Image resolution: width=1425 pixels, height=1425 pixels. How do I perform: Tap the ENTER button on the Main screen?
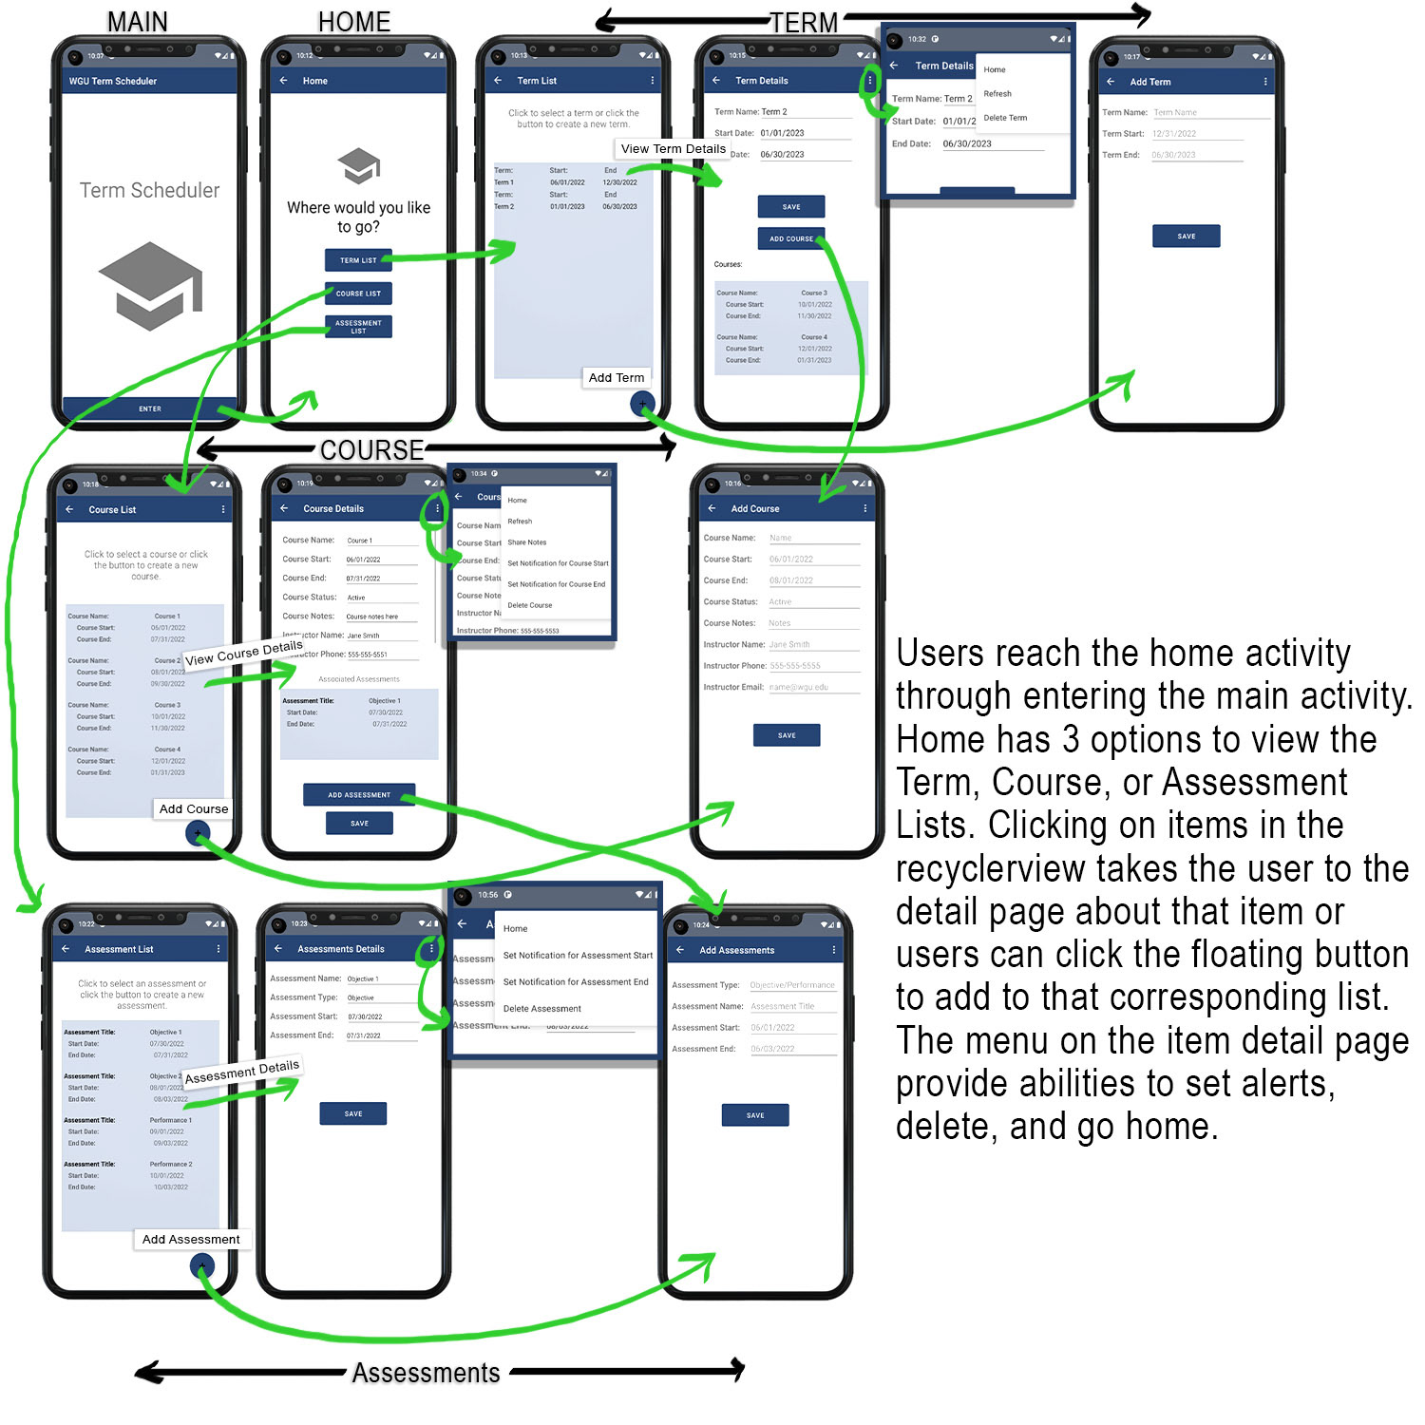pos(149,408)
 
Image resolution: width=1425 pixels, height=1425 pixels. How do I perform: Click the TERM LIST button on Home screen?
pos(358,259)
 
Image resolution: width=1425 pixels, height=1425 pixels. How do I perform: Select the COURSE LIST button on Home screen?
pos(358,294)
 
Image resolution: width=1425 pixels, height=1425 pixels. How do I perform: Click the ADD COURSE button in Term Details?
pos(790,238)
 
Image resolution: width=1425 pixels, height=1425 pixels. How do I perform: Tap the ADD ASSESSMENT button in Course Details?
pos(359,794)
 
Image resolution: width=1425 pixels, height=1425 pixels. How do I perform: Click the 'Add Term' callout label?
pos(617,377)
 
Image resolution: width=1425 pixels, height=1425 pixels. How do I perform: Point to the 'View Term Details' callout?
pos(673,148)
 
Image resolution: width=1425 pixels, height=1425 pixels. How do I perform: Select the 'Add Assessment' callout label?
pos(191,1239)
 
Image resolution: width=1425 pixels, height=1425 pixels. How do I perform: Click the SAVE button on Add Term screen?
pos(1186,236)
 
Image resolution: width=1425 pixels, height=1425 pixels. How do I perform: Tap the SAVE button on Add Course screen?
pos(787,734)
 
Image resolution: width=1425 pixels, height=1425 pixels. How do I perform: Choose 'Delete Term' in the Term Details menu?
pos(1005,118)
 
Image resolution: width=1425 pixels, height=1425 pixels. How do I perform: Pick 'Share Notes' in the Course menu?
pos(527,542)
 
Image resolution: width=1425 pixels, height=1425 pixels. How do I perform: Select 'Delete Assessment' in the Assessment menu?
pos(541,1008)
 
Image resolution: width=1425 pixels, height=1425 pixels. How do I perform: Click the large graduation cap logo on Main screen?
pos(150,286)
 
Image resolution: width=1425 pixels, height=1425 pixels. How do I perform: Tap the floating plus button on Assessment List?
pos(201,1265)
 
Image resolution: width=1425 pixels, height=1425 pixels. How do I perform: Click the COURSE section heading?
pos(371,449)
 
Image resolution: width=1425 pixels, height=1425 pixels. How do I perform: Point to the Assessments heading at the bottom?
pos(426,1373)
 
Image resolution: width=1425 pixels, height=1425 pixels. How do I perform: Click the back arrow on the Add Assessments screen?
pos(680,950)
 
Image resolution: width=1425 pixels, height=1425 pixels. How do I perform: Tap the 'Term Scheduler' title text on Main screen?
pos(149,190)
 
